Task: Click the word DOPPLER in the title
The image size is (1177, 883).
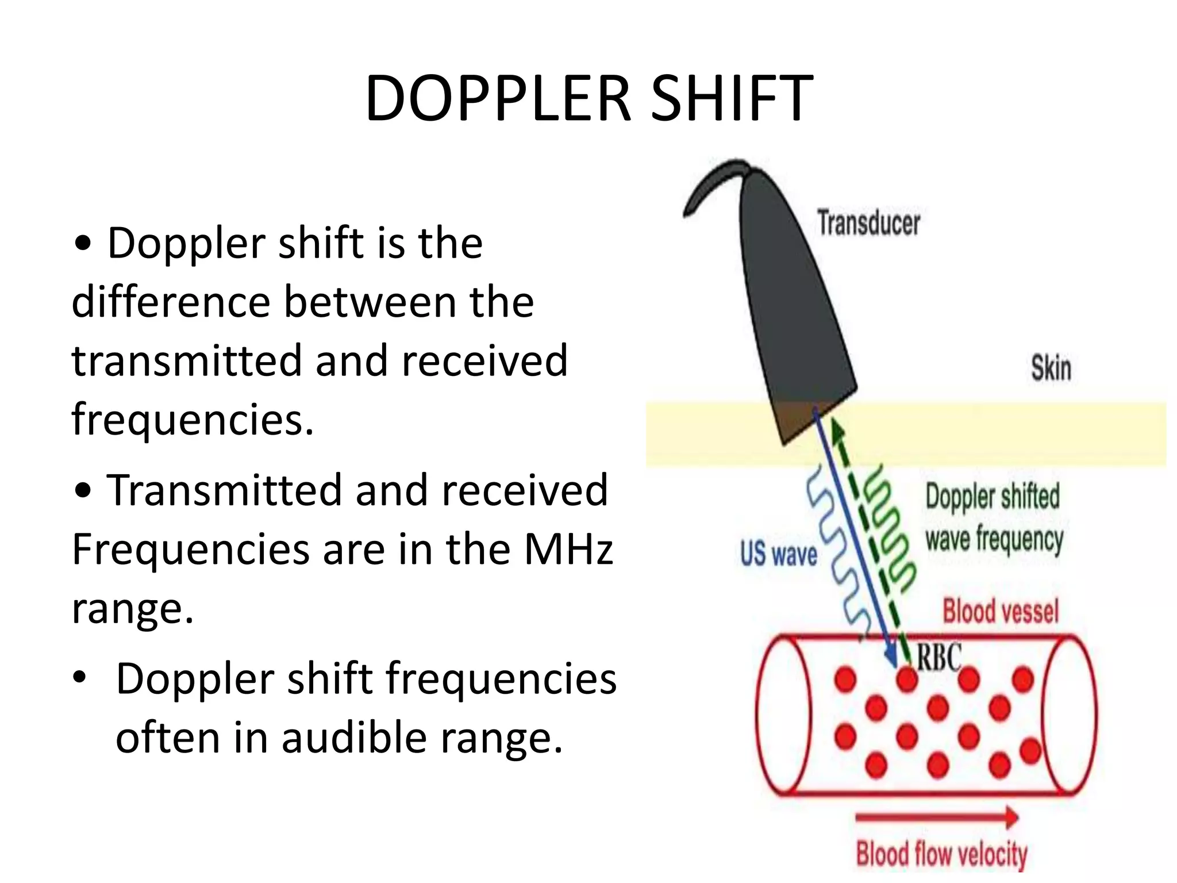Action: click(498, 99)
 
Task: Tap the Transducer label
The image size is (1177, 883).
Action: click(868, 223)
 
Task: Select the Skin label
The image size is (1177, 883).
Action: click(1051, 368)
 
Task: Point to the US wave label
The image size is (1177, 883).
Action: click(778, 554)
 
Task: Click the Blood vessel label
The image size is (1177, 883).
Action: click(1000, 611)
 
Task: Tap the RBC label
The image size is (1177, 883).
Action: click(938, 657)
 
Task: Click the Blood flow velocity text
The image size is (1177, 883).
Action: click(941, 854)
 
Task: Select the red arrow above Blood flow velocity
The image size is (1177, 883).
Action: click(937, 817)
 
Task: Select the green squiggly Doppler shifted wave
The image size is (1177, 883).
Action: click(891, 529)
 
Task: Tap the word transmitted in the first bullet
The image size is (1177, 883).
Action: click(186, 360)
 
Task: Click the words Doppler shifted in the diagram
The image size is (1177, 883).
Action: click(993, 497)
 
